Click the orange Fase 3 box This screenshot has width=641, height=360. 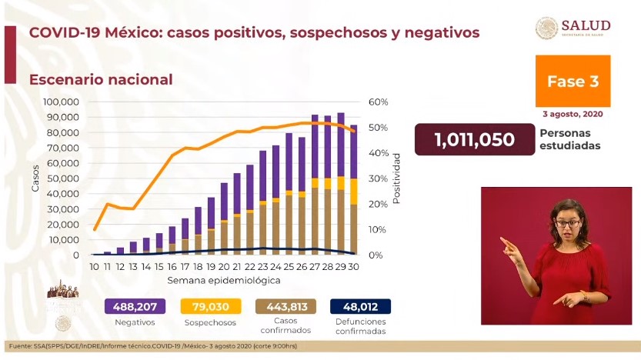click(x=572, y=82)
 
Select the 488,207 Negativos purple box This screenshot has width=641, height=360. click(x=134, y=305)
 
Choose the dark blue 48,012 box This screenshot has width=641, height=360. click(x=360, y=305)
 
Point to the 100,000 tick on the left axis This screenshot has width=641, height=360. click(x=65, y=102)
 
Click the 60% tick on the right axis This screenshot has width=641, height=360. click(x=379, y=102)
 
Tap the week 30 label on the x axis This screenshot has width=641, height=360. click(x=353, y=266)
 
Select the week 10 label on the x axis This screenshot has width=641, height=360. click(x=94, y=266)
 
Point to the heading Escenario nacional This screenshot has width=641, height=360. click(x=101, y=79)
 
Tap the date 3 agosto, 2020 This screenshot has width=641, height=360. click(x=572, y=114)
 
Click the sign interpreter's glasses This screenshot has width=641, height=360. click(x=568, y=223)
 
